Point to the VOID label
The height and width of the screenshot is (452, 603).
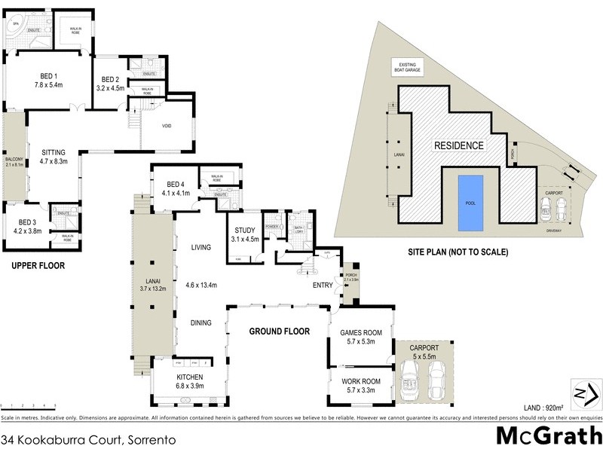point(167,126)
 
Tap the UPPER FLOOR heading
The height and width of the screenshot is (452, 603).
point(38,265)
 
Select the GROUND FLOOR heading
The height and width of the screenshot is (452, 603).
point(276,329)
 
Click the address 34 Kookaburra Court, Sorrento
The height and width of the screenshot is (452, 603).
point(69,438)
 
